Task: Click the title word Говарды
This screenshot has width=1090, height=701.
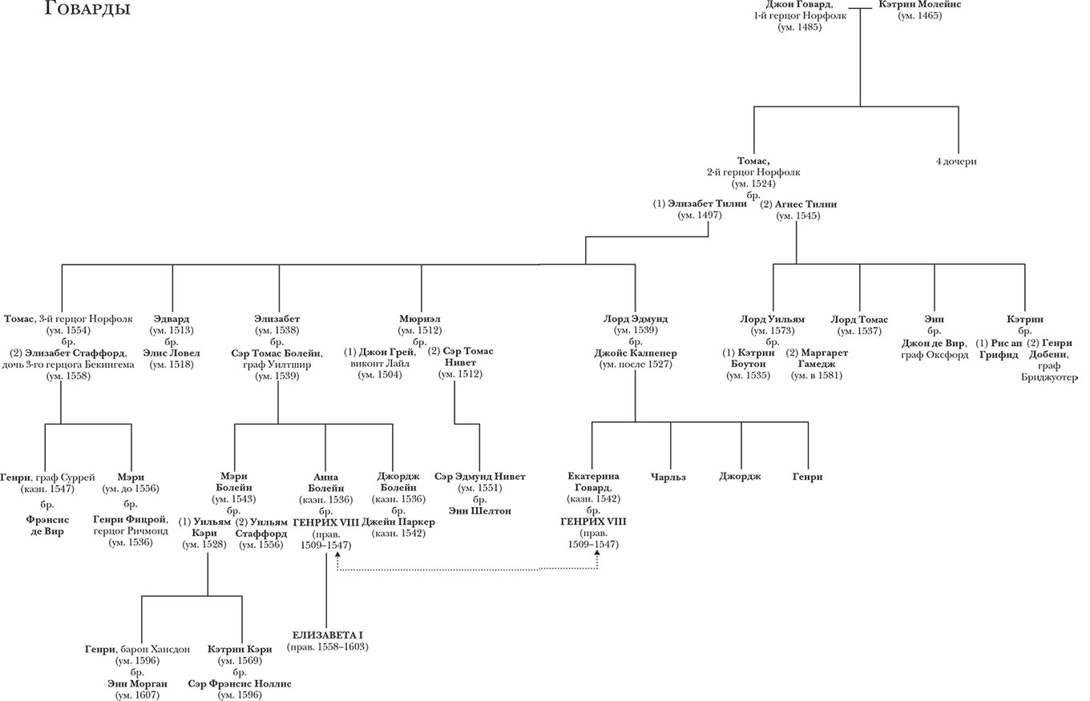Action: click(88, 10)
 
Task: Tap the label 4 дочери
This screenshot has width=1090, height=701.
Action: click(957, 162)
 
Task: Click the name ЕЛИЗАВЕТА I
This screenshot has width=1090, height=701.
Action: click(327, 635)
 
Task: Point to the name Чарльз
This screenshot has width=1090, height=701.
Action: click(672, 477)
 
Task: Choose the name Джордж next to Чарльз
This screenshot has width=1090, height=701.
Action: click(741, 477)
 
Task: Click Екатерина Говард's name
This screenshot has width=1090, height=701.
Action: click(593, 482)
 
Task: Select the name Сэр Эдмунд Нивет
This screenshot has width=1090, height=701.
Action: click(480, 477)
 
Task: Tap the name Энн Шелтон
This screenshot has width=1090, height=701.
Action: click(480, 511)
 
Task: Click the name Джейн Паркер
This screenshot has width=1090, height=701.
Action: click(398, 522)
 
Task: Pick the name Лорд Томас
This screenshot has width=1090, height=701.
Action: click(859, 320)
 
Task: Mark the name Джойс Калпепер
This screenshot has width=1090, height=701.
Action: click(635, 353)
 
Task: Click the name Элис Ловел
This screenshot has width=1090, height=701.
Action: click(172, 353)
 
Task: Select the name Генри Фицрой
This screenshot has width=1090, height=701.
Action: click(131, 519)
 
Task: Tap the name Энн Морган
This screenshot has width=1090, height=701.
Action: click(137, 683)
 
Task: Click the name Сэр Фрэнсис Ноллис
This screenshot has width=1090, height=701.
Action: click(240, 683)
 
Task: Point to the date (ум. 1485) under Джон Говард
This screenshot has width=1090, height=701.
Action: click(799, 27)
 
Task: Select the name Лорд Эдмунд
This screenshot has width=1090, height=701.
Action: click(635, 319)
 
